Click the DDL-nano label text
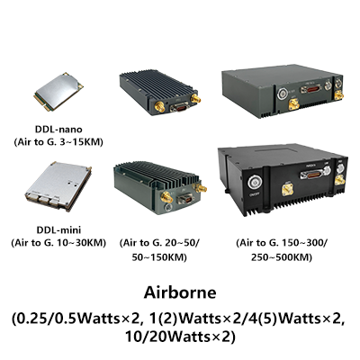[x=58, y=130]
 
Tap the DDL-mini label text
[x=58, y=230]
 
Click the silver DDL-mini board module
[x=58, y=186]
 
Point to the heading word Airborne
[x=180, y=292]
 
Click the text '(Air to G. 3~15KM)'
[x=58, y=142]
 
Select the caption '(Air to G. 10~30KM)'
[x=58, y=243]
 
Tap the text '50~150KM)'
[x=159, y=257]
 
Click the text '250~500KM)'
[x=282, y=257]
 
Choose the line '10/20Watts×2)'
[x=180, y=337]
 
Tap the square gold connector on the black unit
[x=287, y=190]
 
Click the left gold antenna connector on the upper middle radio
[x=160, y=106]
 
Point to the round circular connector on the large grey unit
[x=282, y=93]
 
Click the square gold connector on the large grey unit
[x=292, y=104]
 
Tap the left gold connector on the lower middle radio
[x=166, y=197]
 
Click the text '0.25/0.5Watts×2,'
[x=76, y=319]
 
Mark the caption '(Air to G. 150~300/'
[x=282, y=243]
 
